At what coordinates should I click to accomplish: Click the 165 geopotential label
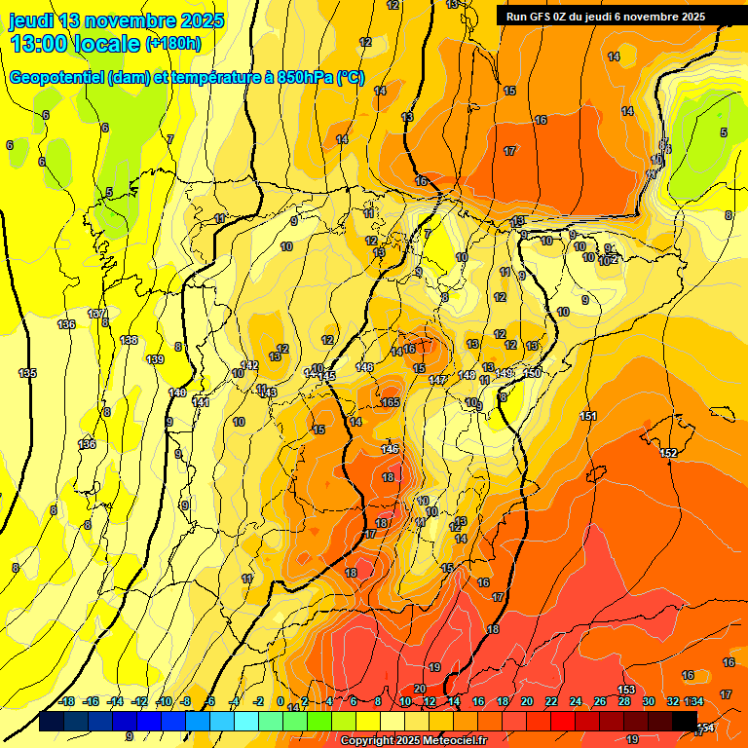point(391,402)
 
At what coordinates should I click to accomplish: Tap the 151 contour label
point(588,416)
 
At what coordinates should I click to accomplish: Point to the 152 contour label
point(668,453)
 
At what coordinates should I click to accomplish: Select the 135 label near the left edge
point(27,373)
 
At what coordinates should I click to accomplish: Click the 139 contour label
point(155,359)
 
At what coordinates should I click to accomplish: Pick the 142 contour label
point(249,365)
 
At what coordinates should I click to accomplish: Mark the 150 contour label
point(532,373)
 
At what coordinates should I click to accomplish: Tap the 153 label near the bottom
point(626,690)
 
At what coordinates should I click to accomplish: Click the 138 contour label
point(129,340)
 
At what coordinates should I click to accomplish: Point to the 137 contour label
point(96,314)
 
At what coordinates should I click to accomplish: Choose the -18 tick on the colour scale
point(66,701)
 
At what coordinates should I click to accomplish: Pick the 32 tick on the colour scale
point(672,701)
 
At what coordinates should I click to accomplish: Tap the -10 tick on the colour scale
point(164,701)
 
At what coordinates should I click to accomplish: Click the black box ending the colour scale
point(685,721)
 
